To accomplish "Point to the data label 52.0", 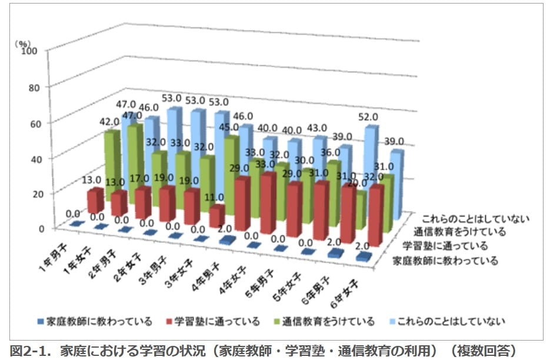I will click(x=368, y=117).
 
